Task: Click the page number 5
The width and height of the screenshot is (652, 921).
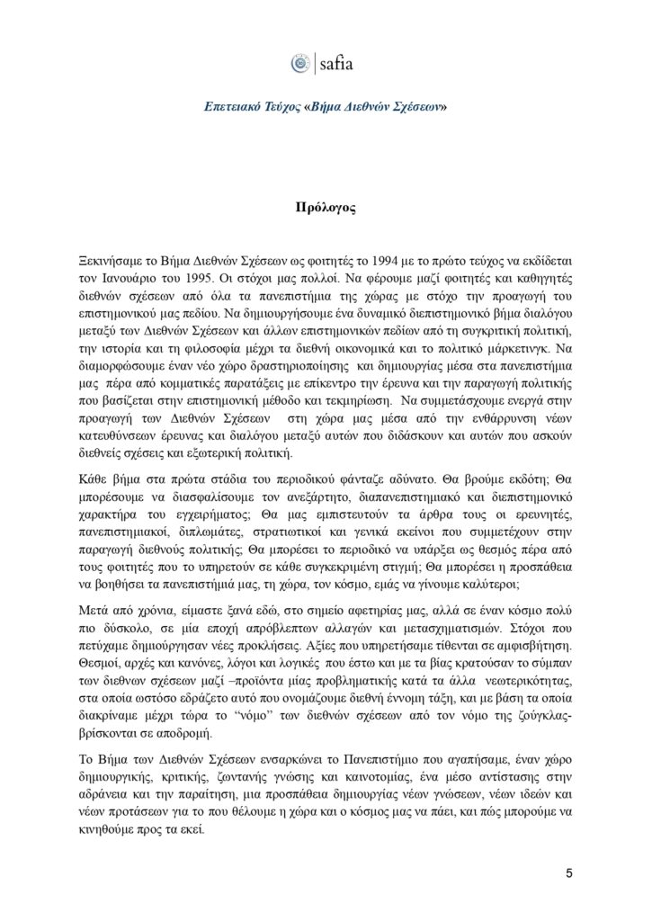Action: [568, 872]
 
